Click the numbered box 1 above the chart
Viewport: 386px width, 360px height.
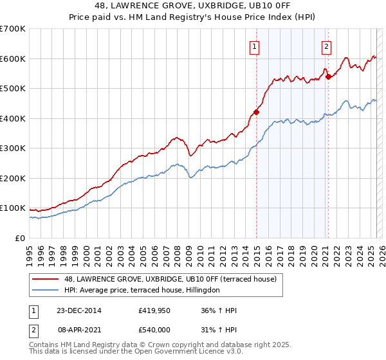pyautogui.click(x=255, y=46)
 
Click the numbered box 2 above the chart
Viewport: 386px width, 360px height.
pyautogui.click(x=327, y=46)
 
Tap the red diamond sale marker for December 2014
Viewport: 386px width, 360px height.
pyautogui.click(x=256, y=112)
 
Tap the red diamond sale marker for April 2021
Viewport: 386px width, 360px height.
pyautogui.click(x=328, y=76)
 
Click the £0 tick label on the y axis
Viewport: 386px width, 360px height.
pyautogui.click(x=21, y=238)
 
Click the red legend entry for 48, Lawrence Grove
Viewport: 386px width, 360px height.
pyautogui.click(x=170, y=279)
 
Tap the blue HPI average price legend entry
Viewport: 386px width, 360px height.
pyautogui.click(x=142, y=290)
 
